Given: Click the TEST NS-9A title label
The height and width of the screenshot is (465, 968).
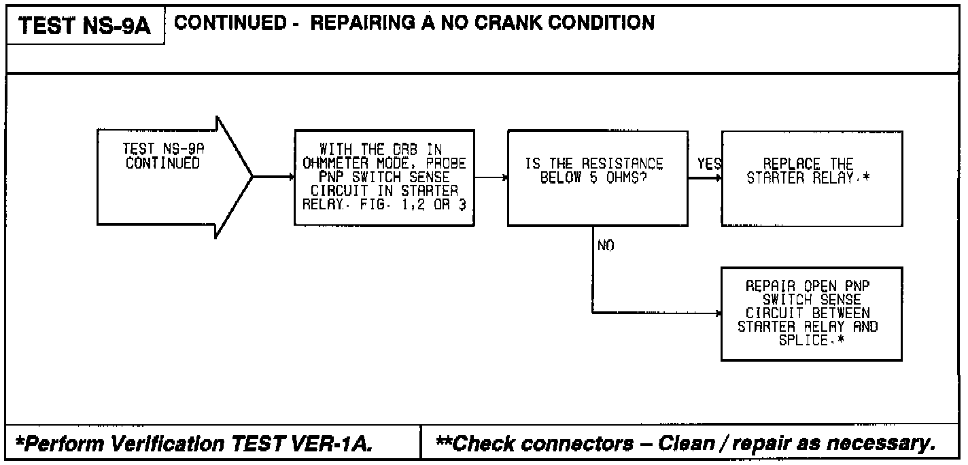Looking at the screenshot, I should [84, 27].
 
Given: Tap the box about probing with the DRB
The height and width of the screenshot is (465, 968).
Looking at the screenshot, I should [384, 177].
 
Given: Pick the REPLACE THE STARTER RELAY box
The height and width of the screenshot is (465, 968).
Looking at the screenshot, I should [812, 177].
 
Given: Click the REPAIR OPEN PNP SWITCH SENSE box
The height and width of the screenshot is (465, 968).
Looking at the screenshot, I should [812, 313].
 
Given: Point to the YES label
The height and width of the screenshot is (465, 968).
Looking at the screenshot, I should [709, 165].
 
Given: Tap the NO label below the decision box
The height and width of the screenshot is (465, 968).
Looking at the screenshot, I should [606, 246].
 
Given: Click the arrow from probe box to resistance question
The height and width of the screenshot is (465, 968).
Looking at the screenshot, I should [491, 177].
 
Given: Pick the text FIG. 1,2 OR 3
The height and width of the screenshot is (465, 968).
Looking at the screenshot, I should [428, 202].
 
